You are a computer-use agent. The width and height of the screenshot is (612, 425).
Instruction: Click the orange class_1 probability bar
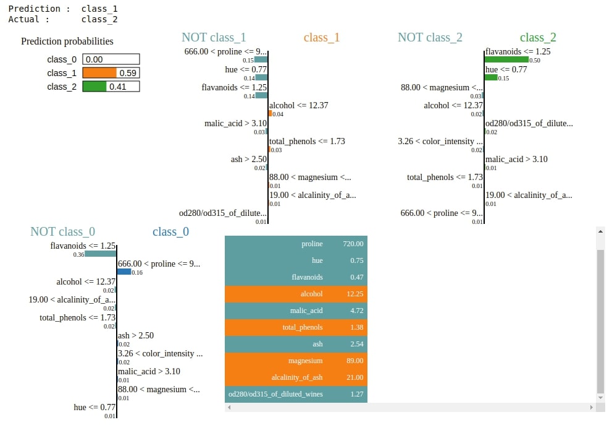[99, 73]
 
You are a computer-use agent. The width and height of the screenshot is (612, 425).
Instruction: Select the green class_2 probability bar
[94, 87]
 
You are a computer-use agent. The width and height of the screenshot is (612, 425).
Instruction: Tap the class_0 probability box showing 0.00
[111, 59]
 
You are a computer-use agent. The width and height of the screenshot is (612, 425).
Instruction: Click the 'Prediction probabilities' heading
[67, 41]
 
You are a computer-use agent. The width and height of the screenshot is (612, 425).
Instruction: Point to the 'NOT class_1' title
[213, 37]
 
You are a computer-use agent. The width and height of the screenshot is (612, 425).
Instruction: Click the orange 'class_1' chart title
[322, 37]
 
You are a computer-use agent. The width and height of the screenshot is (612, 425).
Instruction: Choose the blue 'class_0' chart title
[170, 231]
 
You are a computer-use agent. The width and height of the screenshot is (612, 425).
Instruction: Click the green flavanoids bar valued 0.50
[506, 59]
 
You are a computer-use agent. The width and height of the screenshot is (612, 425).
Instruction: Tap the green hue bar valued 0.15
[491, 77]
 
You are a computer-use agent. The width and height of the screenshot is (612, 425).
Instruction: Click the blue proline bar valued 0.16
[124, 272]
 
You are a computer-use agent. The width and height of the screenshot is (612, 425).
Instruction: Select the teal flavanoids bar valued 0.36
[101, 254]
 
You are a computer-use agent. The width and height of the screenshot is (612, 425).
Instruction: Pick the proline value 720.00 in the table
[353, 244]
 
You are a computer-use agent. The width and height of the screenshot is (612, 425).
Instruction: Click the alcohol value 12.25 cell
[353, 294]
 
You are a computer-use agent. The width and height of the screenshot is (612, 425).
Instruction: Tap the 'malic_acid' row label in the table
[306, 311]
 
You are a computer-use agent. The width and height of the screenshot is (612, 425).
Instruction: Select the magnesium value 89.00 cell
[353, 361]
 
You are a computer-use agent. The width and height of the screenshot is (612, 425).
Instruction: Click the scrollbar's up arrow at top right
[600, 231]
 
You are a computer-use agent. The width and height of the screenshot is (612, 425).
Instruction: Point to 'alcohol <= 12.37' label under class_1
[298, 105]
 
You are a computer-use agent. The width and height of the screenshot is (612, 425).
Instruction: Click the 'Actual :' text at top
[24, 19]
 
